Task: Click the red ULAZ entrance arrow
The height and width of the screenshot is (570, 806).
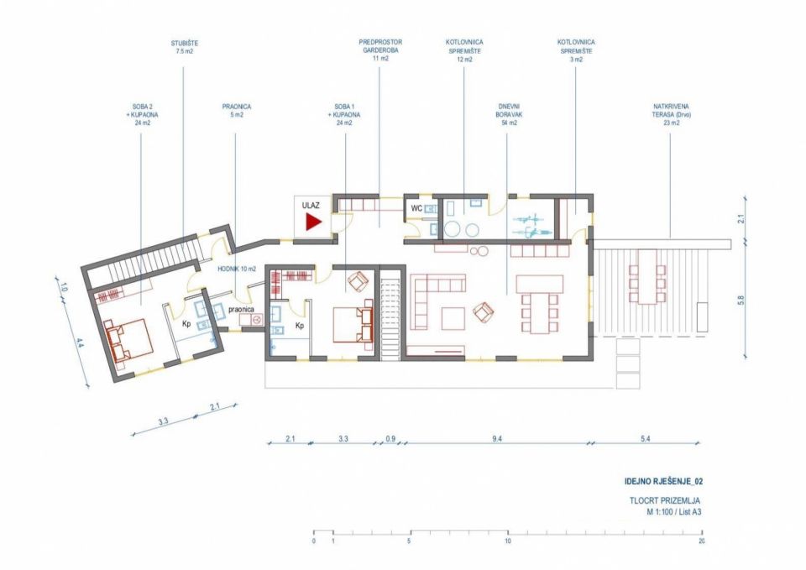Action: tap(313, 222)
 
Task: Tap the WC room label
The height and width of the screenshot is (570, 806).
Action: tap(416, 209)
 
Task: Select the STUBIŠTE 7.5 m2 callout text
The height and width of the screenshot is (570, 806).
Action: tap(184, 47)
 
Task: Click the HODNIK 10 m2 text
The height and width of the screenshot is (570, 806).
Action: tap(236, 269)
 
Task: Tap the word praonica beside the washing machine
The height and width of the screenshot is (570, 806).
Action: tap(241, 310)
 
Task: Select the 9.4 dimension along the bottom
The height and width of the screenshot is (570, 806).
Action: tap(496, 439)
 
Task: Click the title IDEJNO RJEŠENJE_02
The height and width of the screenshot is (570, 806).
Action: tap(663, 482)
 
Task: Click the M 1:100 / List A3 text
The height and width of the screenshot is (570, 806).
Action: tap(674, 512)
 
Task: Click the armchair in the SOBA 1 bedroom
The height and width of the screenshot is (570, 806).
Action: tap(359, 282)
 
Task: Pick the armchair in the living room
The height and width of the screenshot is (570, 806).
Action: tap(484, 311)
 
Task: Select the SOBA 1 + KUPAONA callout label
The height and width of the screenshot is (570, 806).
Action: tap(345, 115)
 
